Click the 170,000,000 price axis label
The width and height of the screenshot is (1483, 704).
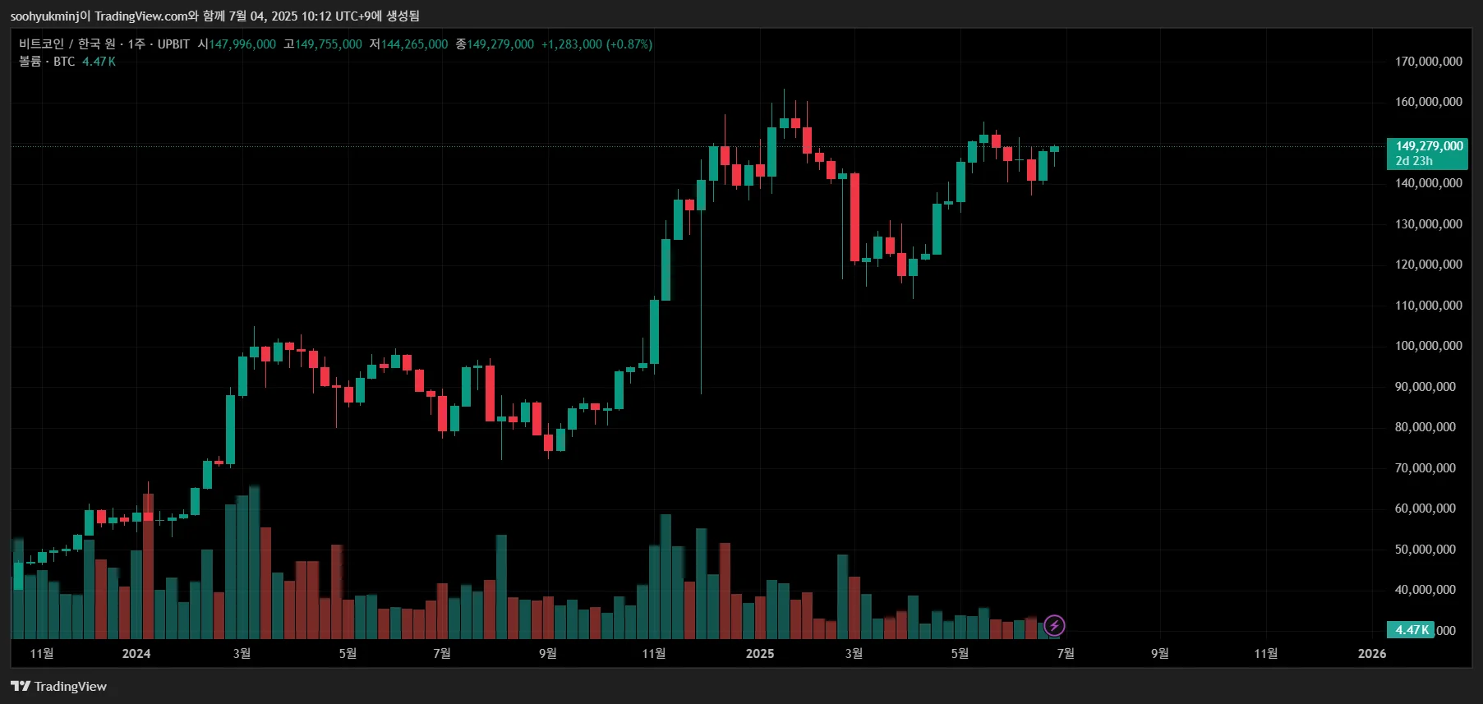pos(1428,62)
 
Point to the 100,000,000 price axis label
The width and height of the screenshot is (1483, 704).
pos(1428,346)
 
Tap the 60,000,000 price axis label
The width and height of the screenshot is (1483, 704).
pos(1425,508)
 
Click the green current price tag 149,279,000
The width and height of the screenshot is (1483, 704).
pos(1429,146)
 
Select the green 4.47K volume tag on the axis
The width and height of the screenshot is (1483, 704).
pos(1411,630)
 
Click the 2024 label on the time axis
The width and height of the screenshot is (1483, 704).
pos(136,654)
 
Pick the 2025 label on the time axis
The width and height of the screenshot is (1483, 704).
pos(760,654)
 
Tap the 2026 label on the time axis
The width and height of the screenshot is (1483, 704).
pos(1371,654)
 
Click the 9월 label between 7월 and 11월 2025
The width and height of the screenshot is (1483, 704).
pos(1159,654)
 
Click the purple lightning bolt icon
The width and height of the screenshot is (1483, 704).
pos(1054,626)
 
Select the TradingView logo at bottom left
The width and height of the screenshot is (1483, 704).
pos(59,687)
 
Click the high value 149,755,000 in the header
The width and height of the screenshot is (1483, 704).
pos(329,44)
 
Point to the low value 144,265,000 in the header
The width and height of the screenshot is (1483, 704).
pos(414,44)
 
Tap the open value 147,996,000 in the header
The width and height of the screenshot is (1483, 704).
pos(242,44)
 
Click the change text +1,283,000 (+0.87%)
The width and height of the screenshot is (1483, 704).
pos(596,44)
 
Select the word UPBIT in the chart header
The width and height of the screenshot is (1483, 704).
pos(173,44)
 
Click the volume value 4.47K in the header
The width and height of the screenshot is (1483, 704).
pos(99,62)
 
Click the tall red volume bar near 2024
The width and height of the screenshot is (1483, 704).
pos(148,567)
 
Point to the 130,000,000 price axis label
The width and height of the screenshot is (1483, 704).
pos(1428,224)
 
